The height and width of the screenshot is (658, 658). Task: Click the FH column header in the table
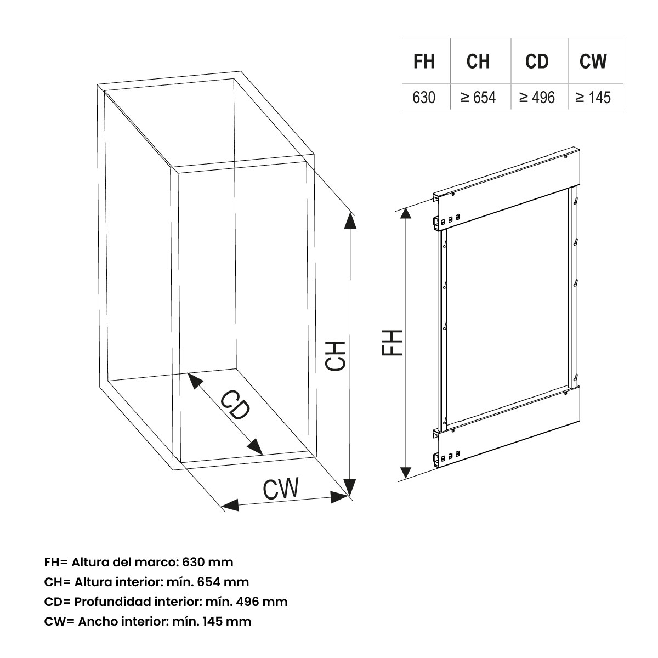(x=424, y=61)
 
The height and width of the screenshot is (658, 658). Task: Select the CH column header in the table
(x=478, y=61)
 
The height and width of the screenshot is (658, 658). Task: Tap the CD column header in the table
(x=537, y=61)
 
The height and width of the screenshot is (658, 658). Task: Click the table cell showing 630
(x=424, y=98)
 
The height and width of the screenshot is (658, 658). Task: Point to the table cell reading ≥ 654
(x=478, y=98)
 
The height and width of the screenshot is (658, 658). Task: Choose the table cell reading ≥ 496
(x=537, y=98)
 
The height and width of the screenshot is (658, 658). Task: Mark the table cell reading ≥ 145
(x=593, y=98)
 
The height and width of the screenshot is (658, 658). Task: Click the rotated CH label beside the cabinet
(x=336, y=355)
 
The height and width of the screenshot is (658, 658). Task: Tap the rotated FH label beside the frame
(x=393, y=343)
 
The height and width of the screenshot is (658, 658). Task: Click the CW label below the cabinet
(x=281, y=489)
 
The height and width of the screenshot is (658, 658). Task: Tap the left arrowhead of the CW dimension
(x=229, y=506)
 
